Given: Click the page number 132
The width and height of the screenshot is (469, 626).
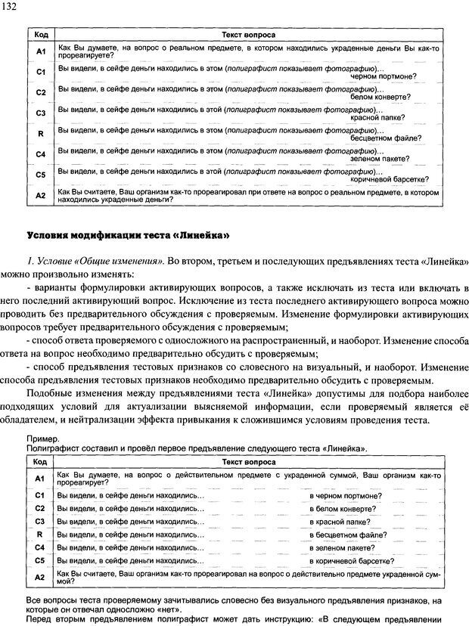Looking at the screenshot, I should tap(12, 7).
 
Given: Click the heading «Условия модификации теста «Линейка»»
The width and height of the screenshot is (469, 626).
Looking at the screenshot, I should tap(129, 234).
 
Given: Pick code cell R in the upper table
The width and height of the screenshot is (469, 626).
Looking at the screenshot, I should tap(41, 134).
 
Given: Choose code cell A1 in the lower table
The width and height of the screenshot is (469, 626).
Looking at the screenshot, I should tap(40, 479).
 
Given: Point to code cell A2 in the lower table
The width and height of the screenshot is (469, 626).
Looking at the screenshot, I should tap(40, 578).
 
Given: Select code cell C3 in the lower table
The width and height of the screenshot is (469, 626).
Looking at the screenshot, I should tap(40, 522).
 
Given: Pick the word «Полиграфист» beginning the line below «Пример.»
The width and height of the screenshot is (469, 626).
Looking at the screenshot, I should tap(48, 448).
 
